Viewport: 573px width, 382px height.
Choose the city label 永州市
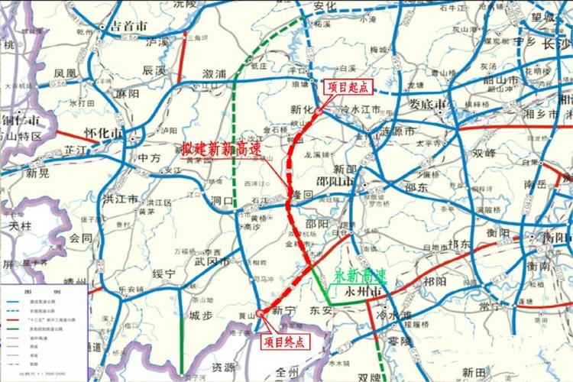click(x=361, y=292)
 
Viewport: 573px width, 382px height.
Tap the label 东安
click(x=342, y=312)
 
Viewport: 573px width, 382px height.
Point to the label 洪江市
click(x=119, y=199)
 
